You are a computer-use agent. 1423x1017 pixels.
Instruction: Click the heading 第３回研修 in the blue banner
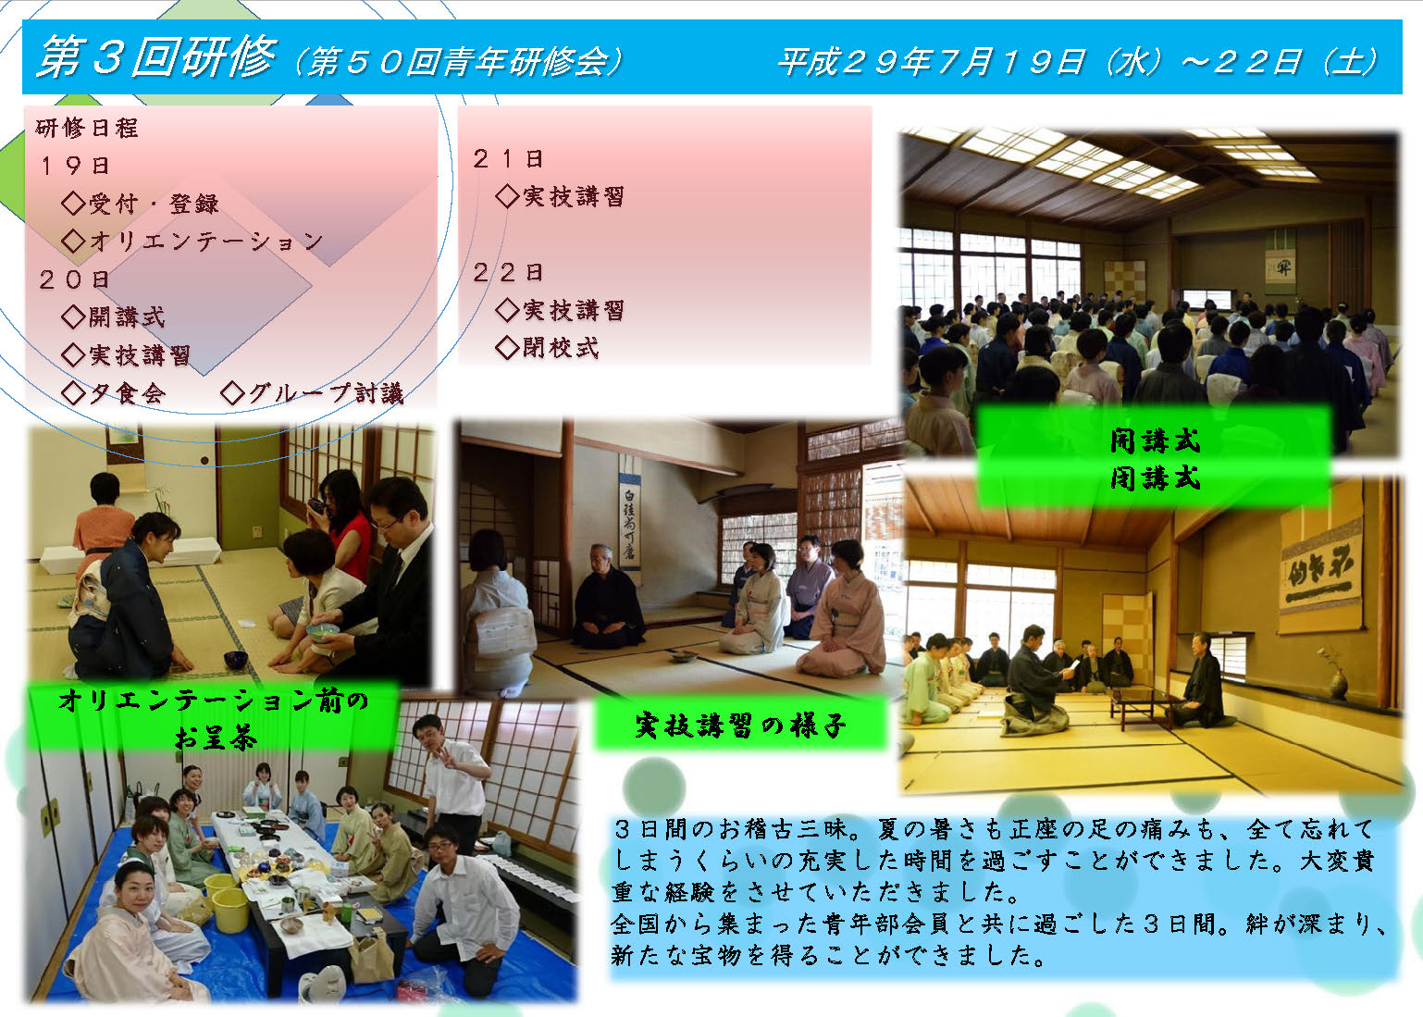[x=156, y=57]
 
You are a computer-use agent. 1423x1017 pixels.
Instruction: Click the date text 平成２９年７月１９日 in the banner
[x=932, y=62]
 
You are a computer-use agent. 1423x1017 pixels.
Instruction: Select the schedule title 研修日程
[x=87, y=128]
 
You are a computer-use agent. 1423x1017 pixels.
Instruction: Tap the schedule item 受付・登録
[x=154, y=204]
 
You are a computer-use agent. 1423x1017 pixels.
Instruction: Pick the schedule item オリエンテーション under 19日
[x=206, y=241]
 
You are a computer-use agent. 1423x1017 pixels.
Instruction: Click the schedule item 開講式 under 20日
[x=127, y=317]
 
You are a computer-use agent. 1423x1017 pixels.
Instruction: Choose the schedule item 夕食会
[x=127, y=393]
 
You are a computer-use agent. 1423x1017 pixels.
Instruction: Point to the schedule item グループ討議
[x=326, y=393]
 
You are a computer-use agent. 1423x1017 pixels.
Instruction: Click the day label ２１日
[x=508, y=159]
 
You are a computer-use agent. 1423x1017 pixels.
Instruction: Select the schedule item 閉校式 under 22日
[x=561, y=347]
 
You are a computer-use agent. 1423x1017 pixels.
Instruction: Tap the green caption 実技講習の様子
[x=740, y=725]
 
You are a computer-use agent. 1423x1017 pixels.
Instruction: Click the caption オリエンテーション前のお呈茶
[x=214, y=718]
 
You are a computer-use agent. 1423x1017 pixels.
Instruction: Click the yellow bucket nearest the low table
[x=230, y=910]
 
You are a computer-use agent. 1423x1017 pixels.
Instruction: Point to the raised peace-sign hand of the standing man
[x=453, y=757]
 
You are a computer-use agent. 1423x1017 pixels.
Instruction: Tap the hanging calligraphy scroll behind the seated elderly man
[x=629, y=512]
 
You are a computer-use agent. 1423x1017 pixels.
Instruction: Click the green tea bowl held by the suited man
[x=323, y=631]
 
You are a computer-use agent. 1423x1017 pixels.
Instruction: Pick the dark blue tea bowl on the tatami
[x=236, y=660]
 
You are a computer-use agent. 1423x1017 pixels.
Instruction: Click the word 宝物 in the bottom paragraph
[x=714, y=955]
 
